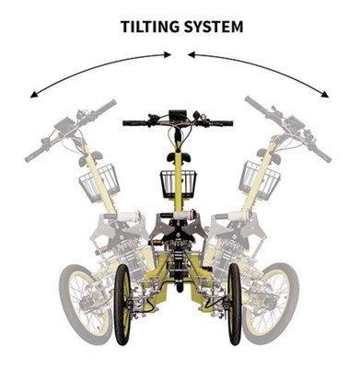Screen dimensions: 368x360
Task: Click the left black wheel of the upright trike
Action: tap(122, 304)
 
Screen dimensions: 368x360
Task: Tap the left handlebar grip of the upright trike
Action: tap(132, 121)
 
